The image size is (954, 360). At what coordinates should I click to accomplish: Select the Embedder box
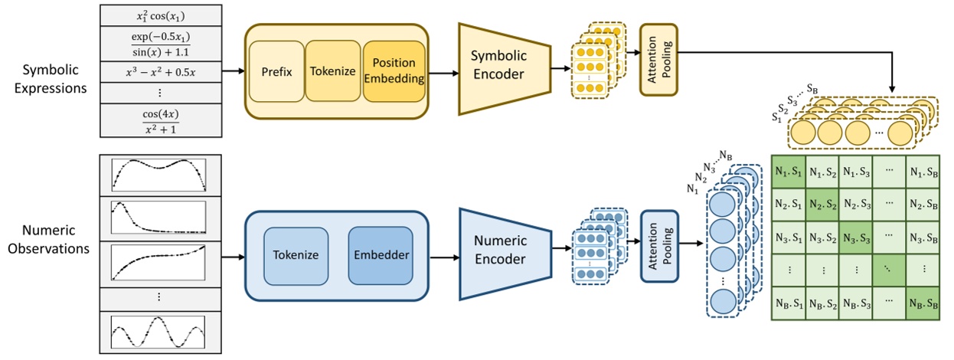[x=380, y=254]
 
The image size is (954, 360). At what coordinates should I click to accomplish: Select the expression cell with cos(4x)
[x=161, y=122]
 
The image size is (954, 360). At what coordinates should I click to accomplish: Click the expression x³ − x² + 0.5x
[x=161, y=73]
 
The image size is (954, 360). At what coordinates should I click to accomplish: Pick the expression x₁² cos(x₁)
[x=161, y=16]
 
